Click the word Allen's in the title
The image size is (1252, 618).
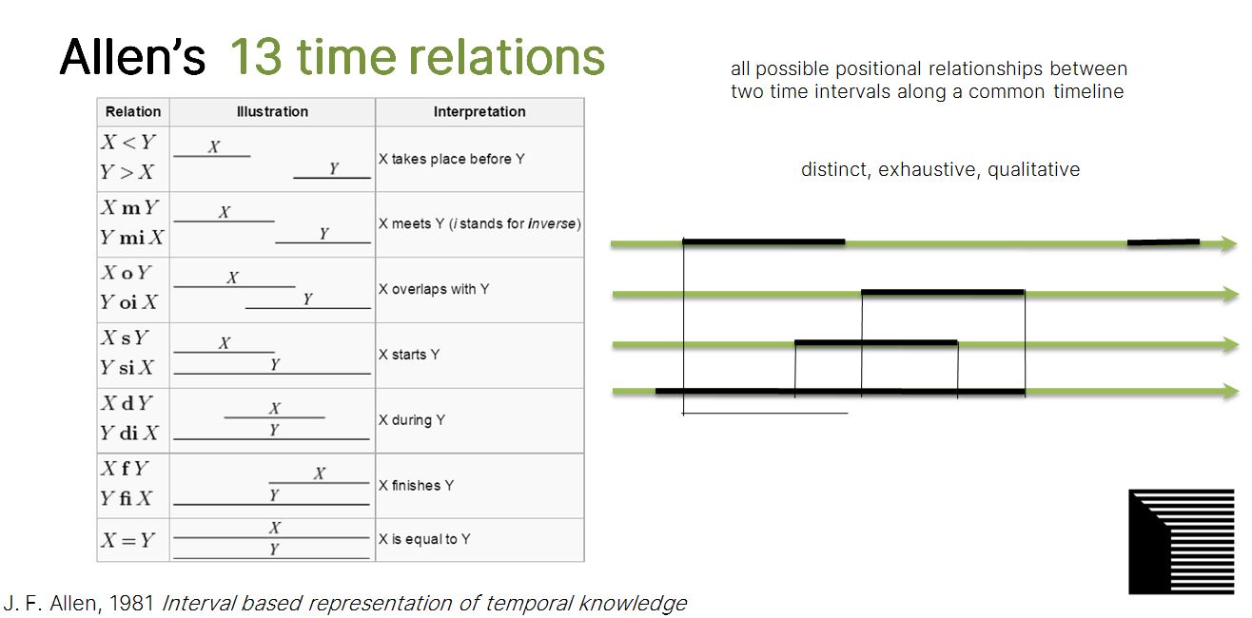coord(132,56)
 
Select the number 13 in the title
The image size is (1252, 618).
coord(256,56)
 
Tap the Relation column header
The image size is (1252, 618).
coord(133,112)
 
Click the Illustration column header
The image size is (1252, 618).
coord(272,112)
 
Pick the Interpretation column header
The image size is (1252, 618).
coord(479,112)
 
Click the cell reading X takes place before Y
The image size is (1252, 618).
coord(452,159)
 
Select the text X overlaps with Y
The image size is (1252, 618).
coord(434,289)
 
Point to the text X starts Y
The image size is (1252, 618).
coord(409,355)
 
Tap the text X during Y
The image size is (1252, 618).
coord(412,419)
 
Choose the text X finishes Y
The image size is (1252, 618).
coord(417,485)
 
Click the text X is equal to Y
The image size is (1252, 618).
coord(424,539)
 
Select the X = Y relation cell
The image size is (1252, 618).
coord(128,540)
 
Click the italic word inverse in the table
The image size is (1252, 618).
coord(552,223)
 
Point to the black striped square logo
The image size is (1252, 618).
coord(1181,541)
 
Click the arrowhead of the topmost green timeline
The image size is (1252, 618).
coord(1228,243)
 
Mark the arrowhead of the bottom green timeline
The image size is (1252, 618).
coord(1229,391)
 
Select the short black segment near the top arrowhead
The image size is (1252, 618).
coord(1164,242)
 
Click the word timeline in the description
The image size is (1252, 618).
coord(1088,91)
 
